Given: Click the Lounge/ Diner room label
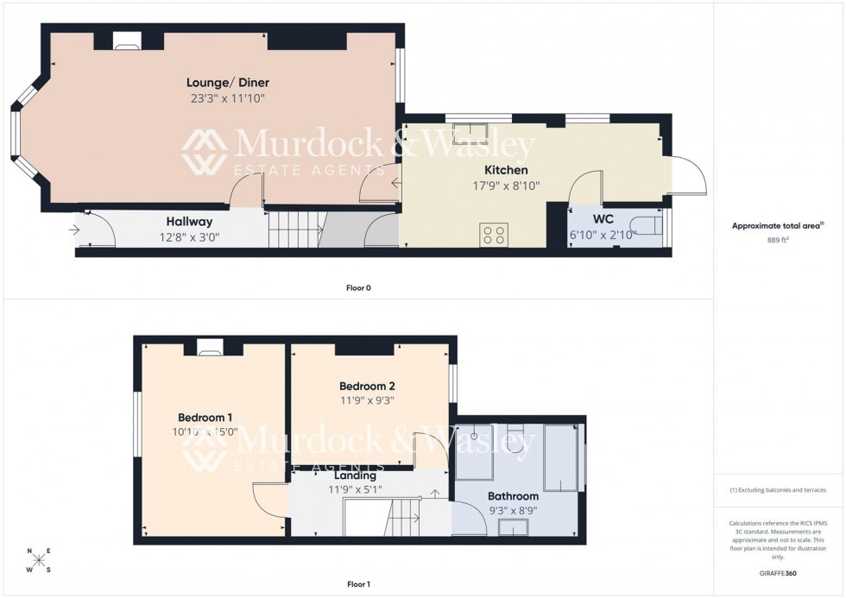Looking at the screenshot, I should pos(228,83).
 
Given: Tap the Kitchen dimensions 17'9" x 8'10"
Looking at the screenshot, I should pos(505,186).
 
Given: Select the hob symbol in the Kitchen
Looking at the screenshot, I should pos(494,235).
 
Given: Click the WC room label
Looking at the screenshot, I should pos(603,220).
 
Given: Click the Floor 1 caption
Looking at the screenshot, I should pos(358,584).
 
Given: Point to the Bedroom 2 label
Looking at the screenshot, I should pos(367,386).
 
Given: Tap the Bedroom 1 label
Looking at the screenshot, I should pos(205,417).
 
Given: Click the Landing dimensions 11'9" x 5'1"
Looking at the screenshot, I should pos(355,490).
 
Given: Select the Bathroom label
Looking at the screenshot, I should pos(513,496).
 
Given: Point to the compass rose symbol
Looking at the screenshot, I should pos(39,560).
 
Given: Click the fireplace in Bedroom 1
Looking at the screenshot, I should pos(210,348).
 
